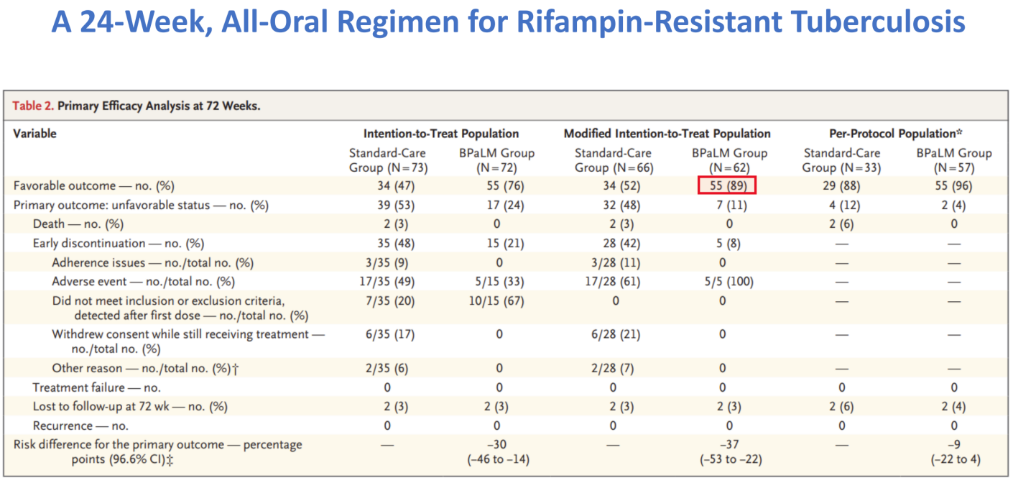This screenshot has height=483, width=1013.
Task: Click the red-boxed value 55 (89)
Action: coord(727,185)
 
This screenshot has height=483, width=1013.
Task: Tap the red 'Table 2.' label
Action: coord(33,106)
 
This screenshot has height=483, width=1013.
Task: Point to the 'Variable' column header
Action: coord(34,134)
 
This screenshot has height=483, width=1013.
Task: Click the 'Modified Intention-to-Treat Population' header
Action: coord(667,134)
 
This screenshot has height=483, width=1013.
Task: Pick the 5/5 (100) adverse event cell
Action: coord(728,282)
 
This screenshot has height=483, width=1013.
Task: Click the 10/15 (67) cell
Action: coord(496,301)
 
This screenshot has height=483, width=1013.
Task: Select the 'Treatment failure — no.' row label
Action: coord(96,387)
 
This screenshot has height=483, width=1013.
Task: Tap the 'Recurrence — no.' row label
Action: coord(80,426)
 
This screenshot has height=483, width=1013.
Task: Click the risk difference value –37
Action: coord(729,445)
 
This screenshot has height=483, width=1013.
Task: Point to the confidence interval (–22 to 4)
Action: coord(956,459)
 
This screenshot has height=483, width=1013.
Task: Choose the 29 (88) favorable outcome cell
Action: coord(841,186)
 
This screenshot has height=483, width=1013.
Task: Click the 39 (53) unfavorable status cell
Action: coord(396,206)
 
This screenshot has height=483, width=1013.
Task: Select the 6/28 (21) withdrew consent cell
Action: coord(616,335)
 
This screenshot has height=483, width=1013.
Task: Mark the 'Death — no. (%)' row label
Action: coord(78,224)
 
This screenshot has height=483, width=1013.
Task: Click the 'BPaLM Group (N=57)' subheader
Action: coord(954,160)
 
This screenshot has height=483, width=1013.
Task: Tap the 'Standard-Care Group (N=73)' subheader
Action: coord(388,160)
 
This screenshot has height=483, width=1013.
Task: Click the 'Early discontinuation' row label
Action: coord(89,244)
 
